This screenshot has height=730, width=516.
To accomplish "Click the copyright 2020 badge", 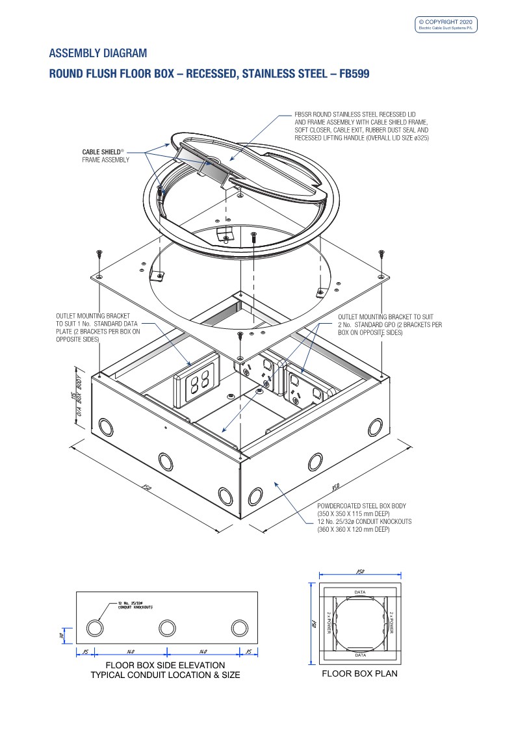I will [x=446, y=24].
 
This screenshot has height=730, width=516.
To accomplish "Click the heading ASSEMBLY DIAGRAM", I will [x=98, y=53].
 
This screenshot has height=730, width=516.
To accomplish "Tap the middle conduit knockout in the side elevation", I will [x=167, y=628].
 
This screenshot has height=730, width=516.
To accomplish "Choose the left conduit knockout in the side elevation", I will [x=94, y=628].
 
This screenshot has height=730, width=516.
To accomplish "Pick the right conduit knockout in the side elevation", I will [x=240, y=628].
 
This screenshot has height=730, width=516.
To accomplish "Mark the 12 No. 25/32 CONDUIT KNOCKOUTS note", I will [x=135, y=606].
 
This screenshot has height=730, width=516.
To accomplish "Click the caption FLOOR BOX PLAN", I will [x=359, y=674].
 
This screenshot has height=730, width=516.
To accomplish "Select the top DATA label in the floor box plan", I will [x=359, y=592].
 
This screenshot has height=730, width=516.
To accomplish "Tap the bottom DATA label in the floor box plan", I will [x=359, y=655].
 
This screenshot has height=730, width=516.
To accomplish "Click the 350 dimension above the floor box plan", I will [x=359, y=571].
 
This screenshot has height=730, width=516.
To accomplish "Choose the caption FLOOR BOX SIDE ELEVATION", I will [x=165, y=665].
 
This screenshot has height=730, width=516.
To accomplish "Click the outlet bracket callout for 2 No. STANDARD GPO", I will [x=389, y=323].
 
